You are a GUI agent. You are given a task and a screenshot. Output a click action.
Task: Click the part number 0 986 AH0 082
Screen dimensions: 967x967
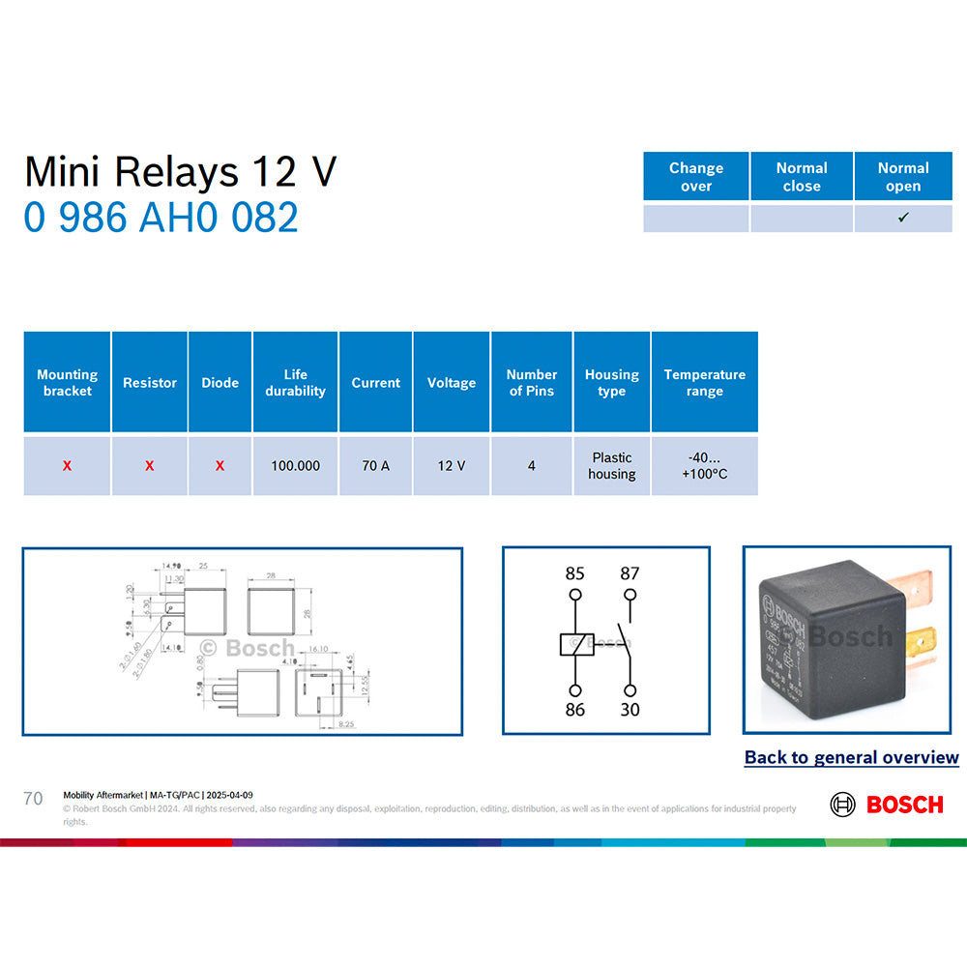pyautogui.click(x=161, y=218)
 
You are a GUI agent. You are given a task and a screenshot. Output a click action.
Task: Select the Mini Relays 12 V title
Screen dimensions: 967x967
pyautogui.click(x=180, y=172)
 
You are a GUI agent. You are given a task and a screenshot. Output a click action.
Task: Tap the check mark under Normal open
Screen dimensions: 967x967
pyautogui.click(x=903, y=218)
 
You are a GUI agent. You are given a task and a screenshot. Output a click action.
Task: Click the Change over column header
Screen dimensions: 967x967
pyautogui.click(x=696, y=177)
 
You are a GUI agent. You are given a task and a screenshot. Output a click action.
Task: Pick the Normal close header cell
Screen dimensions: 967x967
pyautogui.click(x=802, y=177)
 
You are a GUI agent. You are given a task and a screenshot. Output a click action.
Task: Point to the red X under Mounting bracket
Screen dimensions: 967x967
pyautogui.click(x=67, y=466)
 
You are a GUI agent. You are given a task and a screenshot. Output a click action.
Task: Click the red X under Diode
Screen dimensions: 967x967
pyautogui.click(x=220, y=466)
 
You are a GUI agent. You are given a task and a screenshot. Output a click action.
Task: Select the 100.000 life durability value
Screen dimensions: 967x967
pyautogui.click(x=295, y=466)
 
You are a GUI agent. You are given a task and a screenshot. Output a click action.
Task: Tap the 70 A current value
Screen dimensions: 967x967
pyautogui.click(x=375, y=466)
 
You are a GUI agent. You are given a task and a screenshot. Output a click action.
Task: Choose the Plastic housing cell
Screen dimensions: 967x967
pyautogui.click(x=612, y=466)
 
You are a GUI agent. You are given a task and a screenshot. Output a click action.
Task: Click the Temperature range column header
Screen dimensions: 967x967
pyautogui.click(x=704, y=383)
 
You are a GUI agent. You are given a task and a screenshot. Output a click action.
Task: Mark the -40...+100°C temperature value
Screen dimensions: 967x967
pyautogui.click(x=704, y=466)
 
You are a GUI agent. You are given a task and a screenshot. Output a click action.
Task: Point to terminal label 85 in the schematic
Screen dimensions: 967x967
pyautogui.click(x=575, y=573)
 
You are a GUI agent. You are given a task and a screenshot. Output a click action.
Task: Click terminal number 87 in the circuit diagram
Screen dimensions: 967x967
pyautogui.click(x=630, y=573)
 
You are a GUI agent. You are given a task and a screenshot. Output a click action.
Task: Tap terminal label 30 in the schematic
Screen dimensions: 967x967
pyautogui.click(x=630, y=710)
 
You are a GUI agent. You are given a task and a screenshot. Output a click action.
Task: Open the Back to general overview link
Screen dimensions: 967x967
pyautogui.click(x=851, y=758)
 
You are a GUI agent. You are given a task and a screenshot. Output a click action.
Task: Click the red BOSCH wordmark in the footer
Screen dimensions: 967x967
pyautogui.click(x=904, y=805)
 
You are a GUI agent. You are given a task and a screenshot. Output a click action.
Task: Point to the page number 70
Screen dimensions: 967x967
pyautogui.click(x=33, y=799)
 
